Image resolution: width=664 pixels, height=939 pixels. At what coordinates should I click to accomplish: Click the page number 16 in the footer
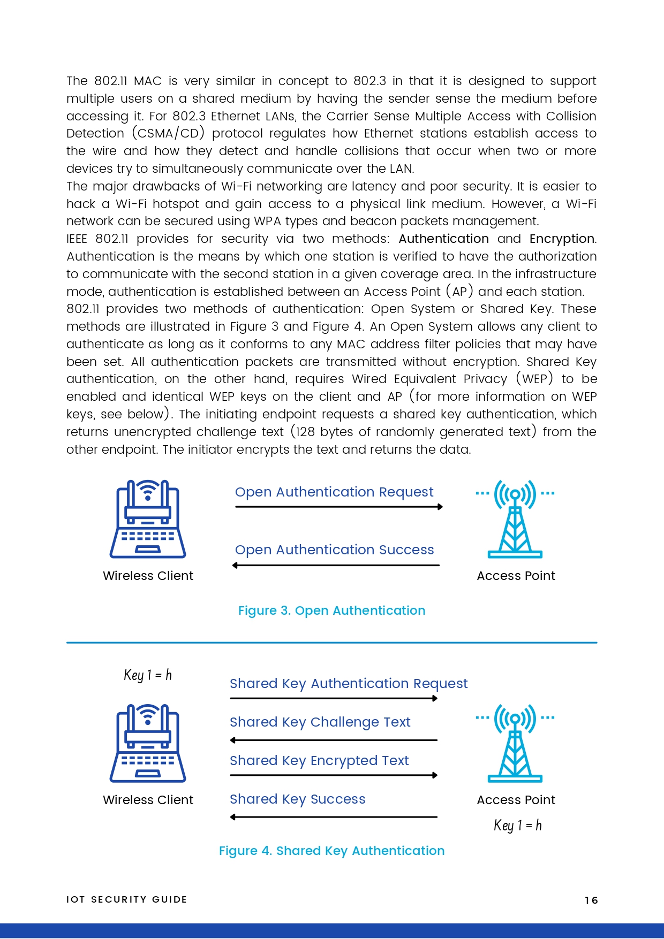pos(591,900)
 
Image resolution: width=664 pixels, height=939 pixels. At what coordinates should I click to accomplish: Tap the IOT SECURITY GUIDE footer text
pos(127,899)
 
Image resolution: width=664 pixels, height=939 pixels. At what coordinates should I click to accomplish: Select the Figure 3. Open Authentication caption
pos(331,610)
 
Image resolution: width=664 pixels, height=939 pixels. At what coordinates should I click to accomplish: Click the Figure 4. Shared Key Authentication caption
pos(331,851)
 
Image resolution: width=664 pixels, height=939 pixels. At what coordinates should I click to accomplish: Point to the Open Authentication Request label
pos(334,492)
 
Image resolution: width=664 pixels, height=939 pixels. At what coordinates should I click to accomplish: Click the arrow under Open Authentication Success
pos(336,565)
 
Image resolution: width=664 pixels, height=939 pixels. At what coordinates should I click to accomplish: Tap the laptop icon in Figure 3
pos(148,519)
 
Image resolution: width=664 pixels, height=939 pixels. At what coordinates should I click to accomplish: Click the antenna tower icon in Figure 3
pos(515,519)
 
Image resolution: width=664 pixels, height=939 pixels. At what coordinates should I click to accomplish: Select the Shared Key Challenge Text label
pos(320,722)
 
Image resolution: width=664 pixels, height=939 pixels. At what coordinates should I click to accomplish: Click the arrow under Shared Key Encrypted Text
pos(334,775)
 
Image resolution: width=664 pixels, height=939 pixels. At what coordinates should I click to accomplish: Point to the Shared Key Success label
pos(297,799)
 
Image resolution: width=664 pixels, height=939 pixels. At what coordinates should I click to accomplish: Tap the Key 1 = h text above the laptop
pos(148,675)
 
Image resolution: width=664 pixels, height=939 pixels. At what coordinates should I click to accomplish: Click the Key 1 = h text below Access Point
pos(517,825)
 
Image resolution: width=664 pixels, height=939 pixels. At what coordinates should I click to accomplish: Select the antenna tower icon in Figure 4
pos(515,743)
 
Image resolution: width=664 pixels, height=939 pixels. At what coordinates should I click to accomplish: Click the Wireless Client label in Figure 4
pos(148,800)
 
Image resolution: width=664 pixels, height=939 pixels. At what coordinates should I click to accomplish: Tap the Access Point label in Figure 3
pos(516,576)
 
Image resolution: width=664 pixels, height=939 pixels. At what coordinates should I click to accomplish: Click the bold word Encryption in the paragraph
pos(562,239)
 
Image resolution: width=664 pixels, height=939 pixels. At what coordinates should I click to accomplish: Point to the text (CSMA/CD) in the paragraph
pos(168,133)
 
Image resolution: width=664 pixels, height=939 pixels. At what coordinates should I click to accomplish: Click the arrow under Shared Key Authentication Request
pos(334,698)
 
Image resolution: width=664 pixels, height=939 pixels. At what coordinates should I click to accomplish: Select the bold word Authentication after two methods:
pos(443,239)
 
